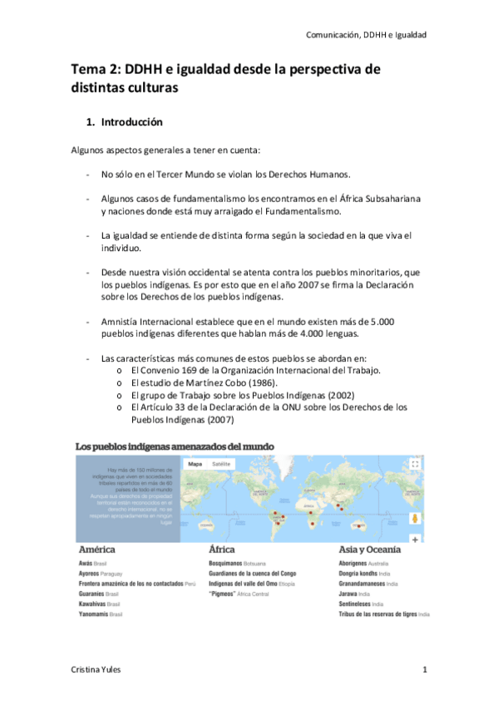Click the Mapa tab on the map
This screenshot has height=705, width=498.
pyautogui.click(x=195, y=463)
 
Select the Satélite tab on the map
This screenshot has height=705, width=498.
pyautogui.click(x=220, y=463)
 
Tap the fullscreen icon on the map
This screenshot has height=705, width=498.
pyautogui.click(x=415, y=464)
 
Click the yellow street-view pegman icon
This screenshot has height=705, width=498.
pyautogui.click(x=414, y=519)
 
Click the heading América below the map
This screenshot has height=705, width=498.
pyautogui.click(x=96, y=550)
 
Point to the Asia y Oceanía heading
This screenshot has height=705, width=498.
pyautogui.click(x=370, y=550)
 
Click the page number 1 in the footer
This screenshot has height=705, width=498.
pyautogui.click(x=424, y=669)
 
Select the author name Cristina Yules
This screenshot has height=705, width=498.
pyautogui.click(x=96, y=669)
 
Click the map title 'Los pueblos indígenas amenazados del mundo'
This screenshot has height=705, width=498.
pyautogui.click(x=175, y=446)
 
